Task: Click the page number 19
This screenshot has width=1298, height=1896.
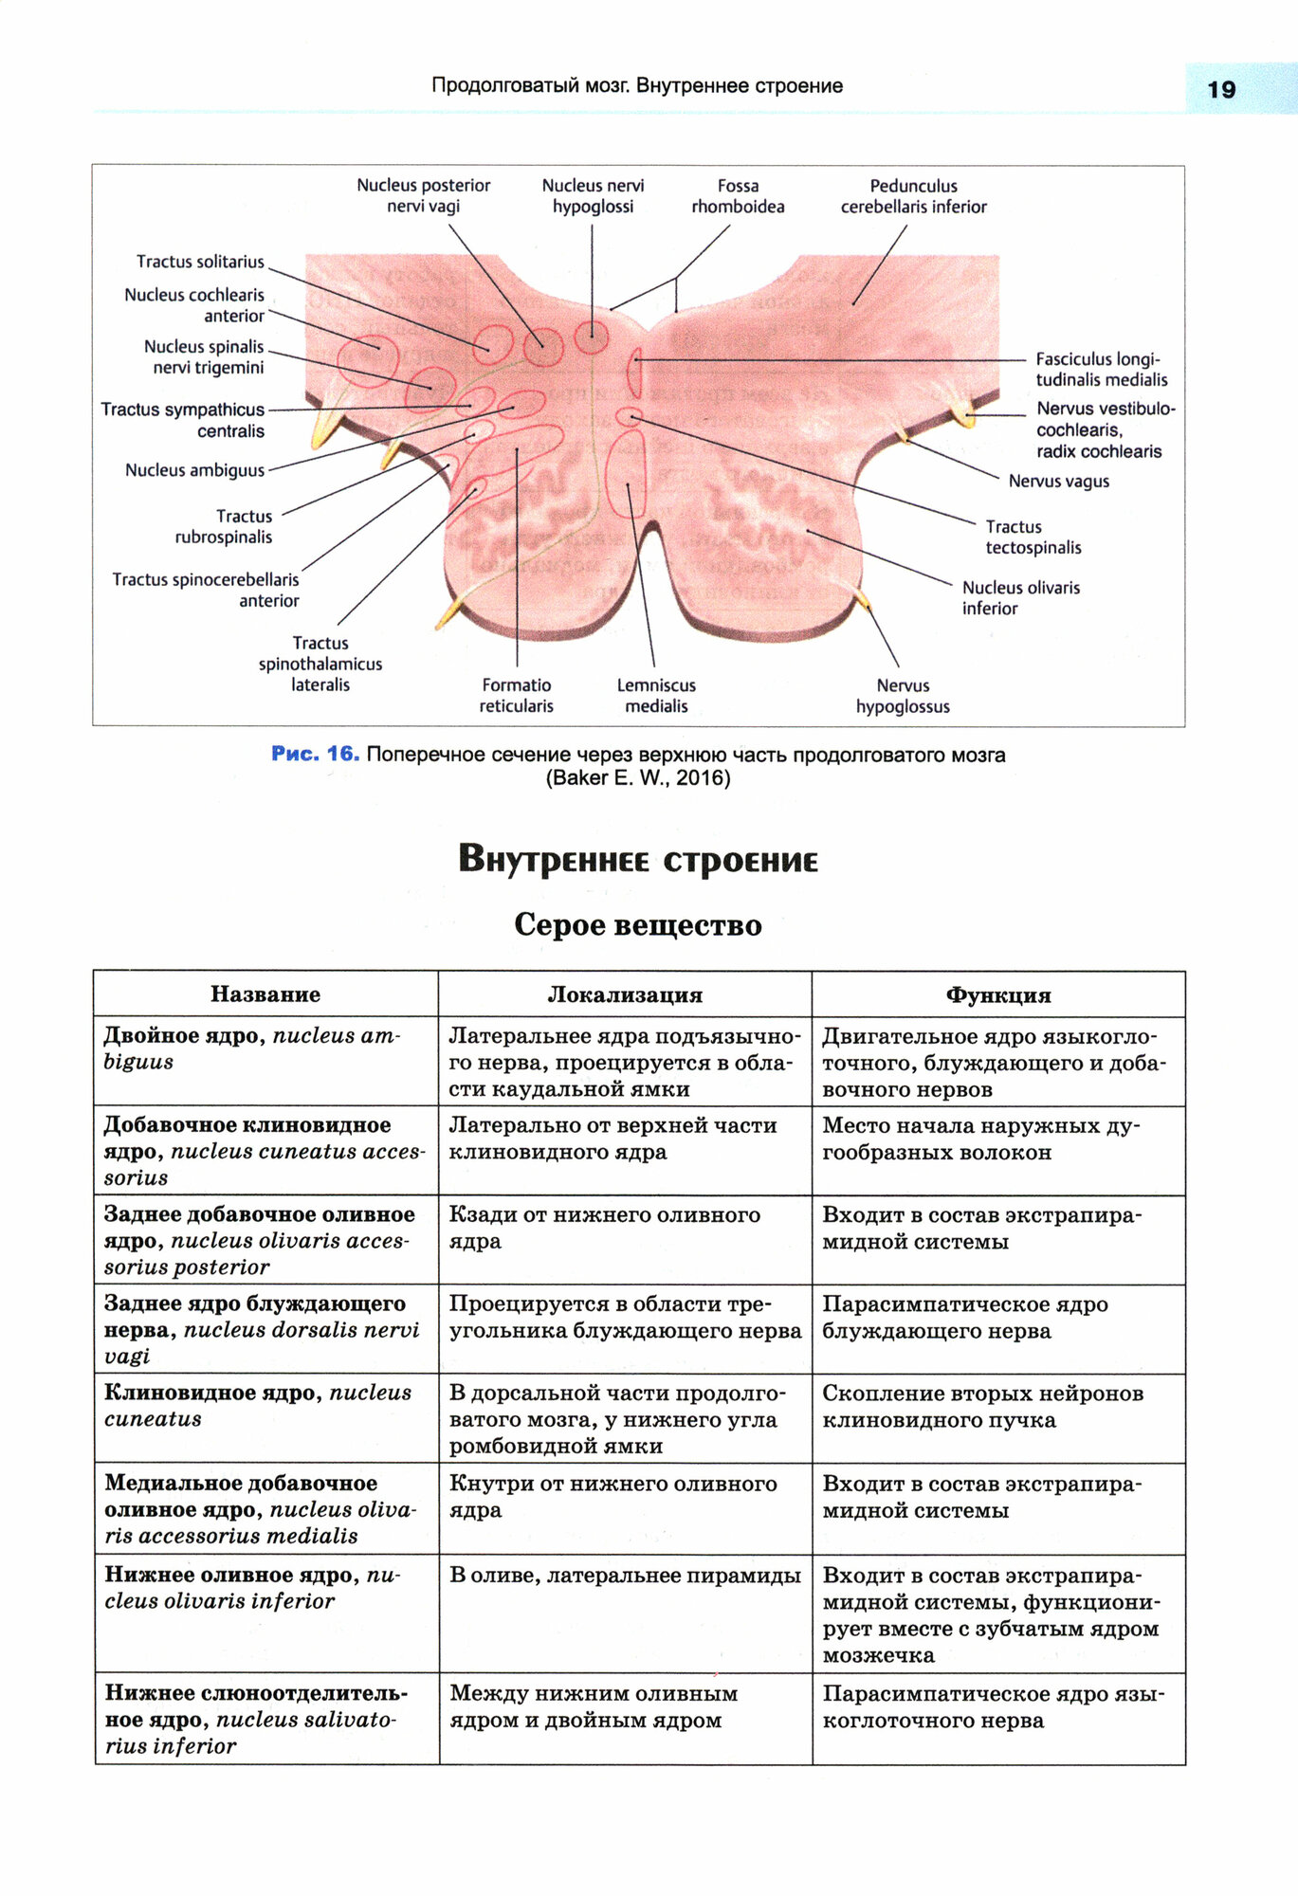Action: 1221,90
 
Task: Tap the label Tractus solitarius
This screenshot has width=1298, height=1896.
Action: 200,262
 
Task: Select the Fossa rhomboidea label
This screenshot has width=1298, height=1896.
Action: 738,196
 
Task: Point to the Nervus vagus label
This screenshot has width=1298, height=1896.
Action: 1058,482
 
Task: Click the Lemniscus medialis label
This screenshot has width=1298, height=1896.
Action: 656,696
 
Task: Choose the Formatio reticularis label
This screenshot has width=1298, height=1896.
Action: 516,696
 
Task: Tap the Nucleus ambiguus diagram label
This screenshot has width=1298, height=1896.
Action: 194,470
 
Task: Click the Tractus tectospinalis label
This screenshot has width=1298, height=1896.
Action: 1033,538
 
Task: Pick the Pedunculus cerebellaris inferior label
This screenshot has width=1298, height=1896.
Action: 913,196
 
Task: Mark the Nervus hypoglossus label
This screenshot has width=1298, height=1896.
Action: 903,696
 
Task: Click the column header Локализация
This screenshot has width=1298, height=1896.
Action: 625,994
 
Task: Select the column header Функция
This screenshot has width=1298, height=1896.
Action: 998,994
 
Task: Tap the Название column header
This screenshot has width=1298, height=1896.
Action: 265,994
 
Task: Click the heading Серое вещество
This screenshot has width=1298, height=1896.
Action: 638,924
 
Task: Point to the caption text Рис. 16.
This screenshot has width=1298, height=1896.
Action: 315,754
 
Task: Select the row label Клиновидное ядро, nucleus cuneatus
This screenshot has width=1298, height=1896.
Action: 257,1406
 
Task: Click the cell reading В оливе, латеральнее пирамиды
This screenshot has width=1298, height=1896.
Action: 625,1576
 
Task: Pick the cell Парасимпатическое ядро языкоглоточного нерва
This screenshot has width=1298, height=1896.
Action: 993,1706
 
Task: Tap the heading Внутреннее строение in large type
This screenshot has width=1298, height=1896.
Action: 638,860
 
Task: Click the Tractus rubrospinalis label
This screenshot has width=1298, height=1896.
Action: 224,527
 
